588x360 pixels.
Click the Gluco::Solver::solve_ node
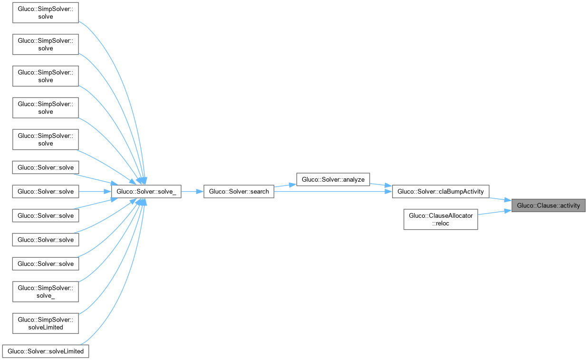click(x=146, y=192)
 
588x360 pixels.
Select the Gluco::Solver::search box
click(x=239, y=192)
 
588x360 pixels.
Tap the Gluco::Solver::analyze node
click(x=333, y=179)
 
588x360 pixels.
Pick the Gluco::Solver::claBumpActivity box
click(x=440, y=192)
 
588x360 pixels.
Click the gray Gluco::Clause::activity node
click(x=548, y=205)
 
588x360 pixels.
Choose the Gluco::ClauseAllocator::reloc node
click(x=441, y=219)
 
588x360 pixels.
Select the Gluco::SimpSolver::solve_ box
click(x=46, y=291)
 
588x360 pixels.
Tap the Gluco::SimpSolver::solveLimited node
click(x=46, y=323)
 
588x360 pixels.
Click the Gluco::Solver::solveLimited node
click(x=46, y=351)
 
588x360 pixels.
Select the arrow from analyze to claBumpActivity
click(x=380, y=185)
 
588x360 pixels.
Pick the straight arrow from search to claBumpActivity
click(x=333, y=192)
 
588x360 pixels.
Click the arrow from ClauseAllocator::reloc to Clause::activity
click(x=494, y=212)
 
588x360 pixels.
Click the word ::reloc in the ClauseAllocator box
click(x=441, y=223)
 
